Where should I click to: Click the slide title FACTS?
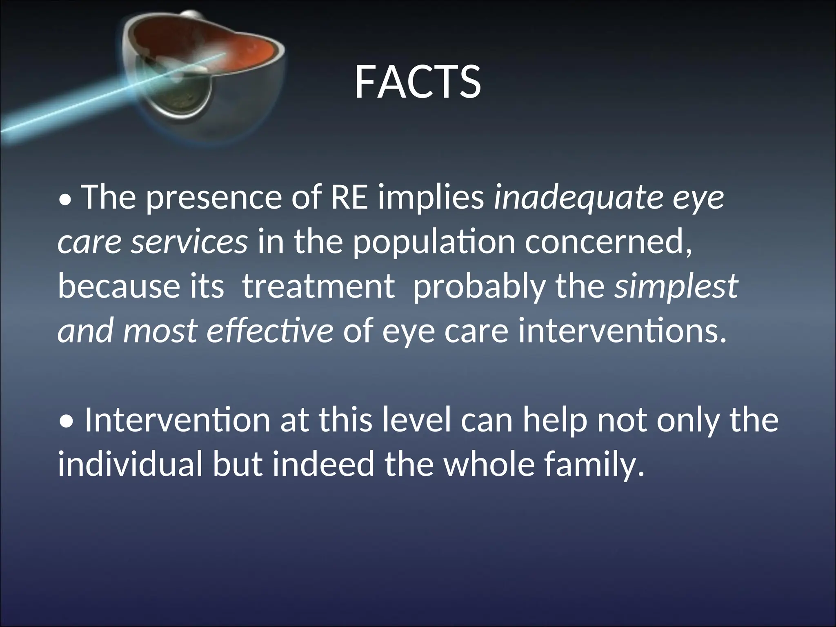[417, 82]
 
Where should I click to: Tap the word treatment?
[318, 286]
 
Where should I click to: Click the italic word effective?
[270, 331]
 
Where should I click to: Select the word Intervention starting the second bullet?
[177, 420]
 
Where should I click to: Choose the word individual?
[130, 465]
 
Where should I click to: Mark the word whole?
[489, 465]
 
